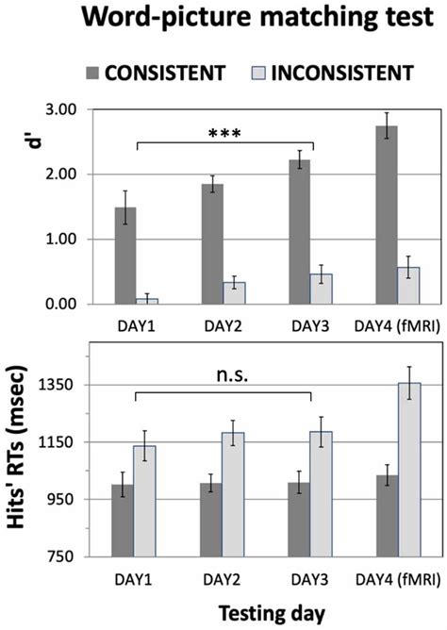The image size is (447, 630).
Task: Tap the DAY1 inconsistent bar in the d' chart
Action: click(146, 301)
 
